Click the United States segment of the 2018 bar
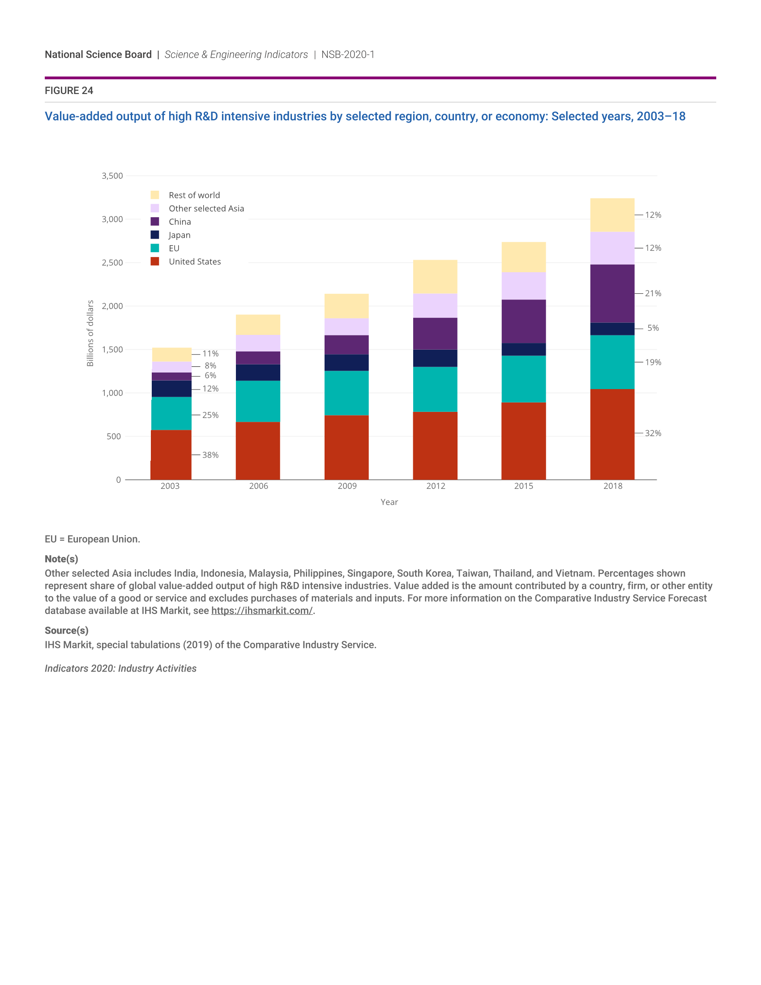pyautogui.click(x=612, y=434)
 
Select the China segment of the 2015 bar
pyautogui.click(x=523, y=321)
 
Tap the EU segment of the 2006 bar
pyautogui.click(x=258, y=401)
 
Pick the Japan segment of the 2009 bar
pyautogui.click(x=346, y=363)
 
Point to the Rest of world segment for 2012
pyautogui.click(x=435, y=276)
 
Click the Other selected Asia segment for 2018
pyautogui.click(x=612, y=248)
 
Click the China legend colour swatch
pyautogui.click(x=154, y=222)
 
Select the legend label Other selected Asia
pyautogui.click(x=206, y=208)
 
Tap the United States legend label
pyautogui.click(x=195, y=261)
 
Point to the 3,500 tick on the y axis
pyautogui.click(x=112, y=176)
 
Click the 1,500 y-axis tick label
pyautogui.click(x=112, y=350)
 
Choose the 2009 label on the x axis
pyautogui.click(x=346, y=486)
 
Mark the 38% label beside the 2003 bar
pyautogui.click(x=210, y=455)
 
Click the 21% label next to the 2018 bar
pyautogui.click(x=653, y=293)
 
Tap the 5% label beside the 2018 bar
pyautogui.click(x=653, y=328)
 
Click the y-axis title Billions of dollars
pyautogui.click(x=90, y=333)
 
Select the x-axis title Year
pyautogui.click(x=389, y=502)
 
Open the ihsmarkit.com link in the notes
pyautogui.click(x=262, y=611)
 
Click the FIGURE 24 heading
pyautogui.click(x=69, y=90)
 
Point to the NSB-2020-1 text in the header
pyautogui.click(x=347, y=55)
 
